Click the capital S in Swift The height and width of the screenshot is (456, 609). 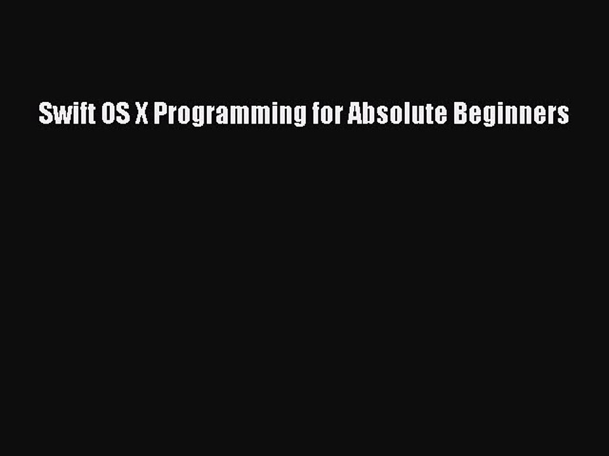pyautogui.click(x=44, y=114)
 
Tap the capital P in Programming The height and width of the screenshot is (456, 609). pyautogui.click(x=160, y=114)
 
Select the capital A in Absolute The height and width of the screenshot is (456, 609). pyautogui.click(x=353, y=114)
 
